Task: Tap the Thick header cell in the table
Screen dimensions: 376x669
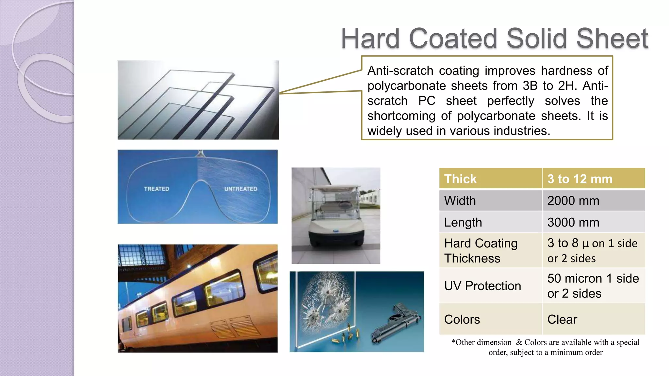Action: pos(460,179)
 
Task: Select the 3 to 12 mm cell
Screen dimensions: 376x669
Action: pos(580,179)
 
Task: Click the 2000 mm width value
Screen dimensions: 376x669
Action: pos(573,201)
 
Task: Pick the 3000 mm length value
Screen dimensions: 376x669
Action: pos(573,223)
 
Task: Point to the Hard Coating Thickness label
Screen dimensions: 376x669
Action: pos(481,251)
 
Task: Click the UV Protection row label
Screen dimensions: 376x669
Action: pos(482,286)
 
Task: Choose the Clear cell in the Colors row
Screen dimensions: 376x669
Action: pos(562,319)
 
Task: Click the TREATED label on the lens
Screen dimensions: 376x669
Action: pos(156,189)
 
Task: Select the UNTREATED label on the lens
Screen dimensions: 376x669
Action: pos(241,189)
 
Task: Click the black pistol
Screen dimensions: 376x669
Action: pos(397,323)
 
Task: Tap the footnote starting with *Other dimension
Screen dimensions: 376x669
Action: pos(545,347)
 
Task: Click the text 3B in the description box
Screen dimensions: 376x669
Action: pos(530,86)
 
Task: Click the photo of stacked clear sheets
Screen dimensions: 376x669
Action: pos(198,100)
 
